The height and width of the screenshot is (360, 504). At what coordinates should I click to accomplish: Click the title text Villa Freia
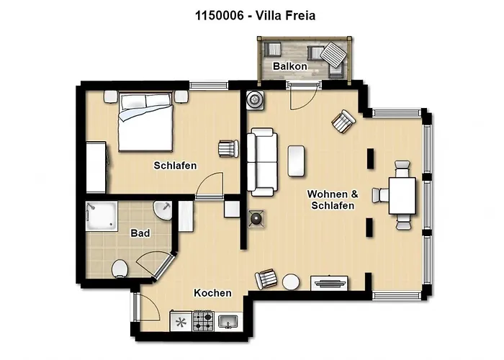pos(285,15)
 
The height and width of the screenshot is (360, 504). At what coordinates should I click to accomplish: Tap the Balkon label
pos(289,66)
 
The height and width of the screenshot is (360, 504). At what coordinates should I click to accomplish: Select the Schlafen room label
pos(175,166)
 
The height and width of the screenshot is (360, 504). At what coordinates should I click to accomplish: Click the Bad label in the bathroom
pos(140,233)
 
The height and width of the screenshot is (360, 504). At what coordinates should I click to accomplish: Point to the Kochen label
pos(212,293)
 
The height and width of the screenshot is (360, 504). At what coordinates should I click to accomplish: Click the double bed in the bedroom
pos(145,122)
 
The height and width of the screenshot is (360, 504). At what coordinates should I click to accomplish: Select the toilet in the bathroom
pos(120,269)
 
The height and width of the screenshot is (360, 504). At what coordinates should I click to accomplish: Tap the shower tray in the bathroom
pos(102,216)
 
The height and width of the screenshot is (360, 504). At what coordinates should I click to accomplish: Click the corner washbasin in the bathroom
pos(163,210)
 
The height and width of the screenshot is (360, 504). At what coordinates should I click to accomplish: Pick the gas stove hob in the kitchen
pos(203,321)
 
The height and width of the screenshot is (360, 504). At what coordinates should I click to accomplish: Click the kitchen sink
pos(228,321)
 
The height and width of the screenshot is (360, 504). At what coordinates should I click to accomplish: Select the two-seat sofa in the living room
pos(262,162)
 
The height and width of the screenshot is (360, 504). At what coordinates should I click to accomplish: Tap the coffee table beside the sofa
pos(296,161)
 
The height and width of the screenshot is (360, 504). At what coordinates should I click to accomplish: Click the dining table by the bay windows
pos(402,195)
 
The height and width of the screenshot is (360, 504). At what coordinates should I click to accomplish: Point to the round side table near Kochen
pos(291,282)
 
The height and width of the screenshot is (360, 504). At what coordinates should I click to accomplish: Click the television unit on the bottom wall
pos(329,283)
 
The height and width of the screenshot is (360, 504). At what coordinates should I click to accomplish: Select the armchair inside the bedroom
pos(228,148)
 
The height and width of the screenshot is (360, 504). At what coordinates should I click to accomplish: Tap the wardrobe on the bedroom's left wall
pos(96,167)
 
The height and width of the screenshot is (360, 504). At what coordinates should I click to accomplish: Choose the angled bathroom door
pos(163,266)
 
